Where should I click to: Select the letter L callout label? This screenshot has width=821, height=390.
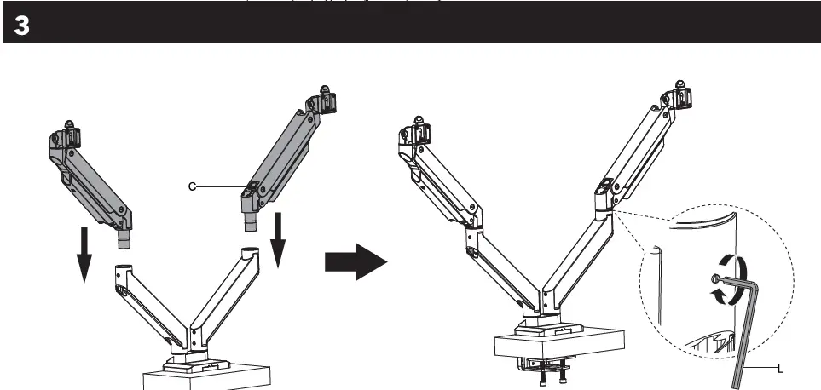click(x=779, y=368)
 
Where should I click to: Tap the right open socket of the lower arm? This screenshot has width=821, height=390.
click(x=249, y=253)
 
